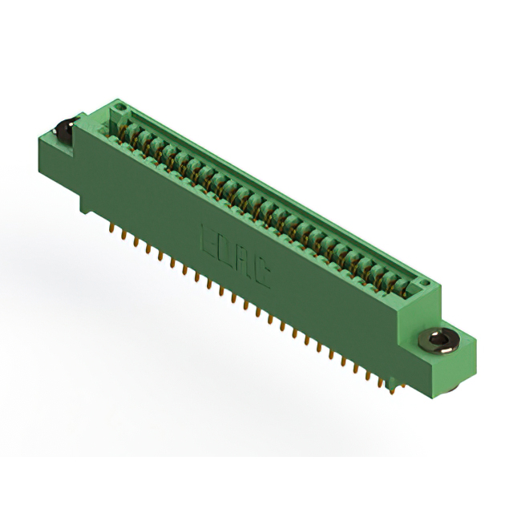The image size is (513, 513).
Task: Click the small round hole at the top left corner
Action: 118,106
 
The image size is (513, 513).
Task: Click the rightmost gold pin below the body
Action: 391,390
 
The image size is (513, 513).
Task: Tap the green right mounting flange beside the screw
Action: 461,357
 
